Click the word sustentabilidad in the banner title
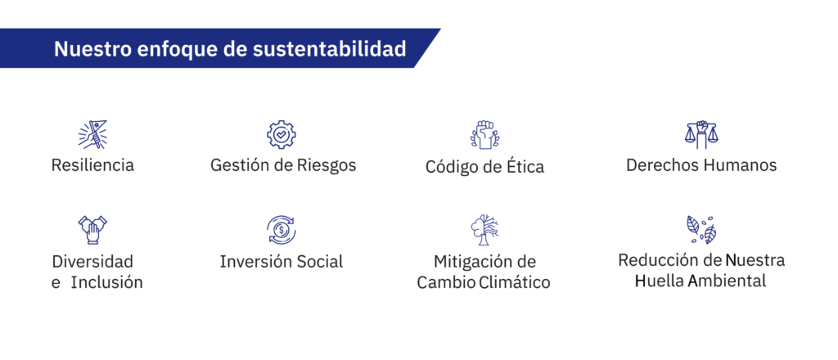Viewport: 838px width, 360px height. click(x=329, y=48)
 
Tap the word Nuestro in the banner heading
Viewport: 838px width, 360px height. click(x=92, y=48)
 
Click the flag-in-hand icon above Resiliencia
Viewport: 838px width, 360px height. click(x=92, y=133)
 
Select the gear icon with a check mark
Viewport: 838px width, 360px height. click(x=282, y=135)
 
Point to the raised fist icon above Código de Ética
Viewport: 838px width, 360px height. click(x=484, y=135)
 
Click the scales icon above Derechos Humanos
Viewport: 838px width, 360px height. click(x=701, y=135)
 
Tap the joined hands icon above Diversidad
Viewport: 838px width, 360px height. click(x=92, y=230)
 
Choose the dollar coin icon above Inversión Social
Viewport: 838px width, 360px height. click(x=282, y=230)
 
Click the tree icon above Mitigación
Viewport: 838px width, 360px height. click(x=484, y=230)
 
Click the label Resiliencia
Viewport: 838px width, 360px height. click(x=92, y=165)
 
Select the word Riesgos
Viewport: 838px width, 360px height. click(x=327, y=165)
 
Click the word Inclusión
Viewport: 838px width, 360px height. click(x=107, y=282)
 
